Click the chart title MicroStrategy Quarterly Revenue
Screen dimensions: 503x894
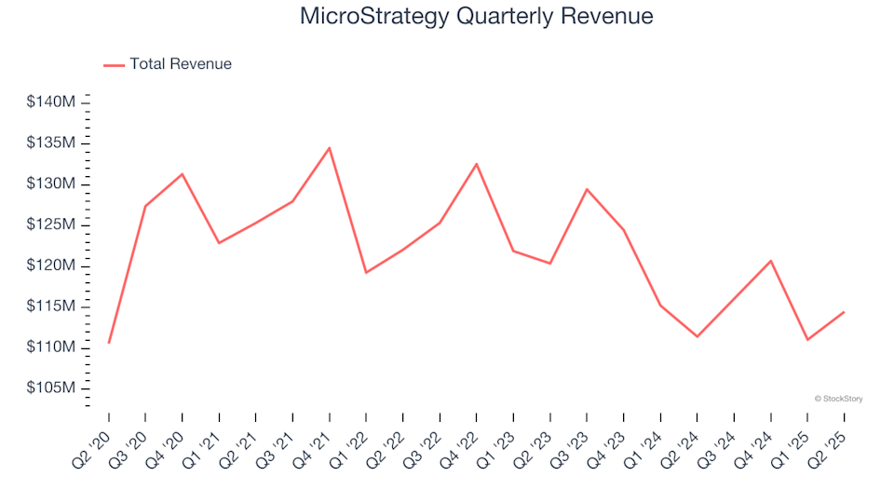point(476,17)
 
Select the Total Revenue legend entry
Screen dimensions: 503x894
point(180,64)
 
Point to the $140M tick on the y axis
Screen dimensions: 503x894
point(51,102)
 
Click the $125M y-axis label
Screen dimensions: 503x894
point(51,224)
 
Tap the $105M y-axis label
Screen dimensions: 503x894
point(51,387)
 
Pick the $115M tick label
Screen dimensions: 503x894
point(51,306)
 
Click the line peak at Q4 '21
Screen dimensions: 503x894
point(329,148)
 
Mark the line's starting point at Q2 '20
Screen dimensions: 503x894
point(109,343)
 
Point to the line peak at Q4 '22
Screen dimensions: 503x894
point(477,164)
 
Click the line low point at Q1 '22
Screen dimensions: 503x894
point(366,272)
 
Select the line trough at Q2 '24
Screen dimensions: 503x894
point(698,336)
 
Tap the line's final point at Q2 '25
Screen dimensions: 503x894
point(844,312)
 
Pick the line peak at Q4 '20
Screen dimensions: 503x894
point(183,174)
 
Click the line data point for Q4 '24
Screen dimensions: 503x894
point(771,261)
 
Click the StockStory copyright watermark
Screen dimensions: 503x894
point(838,399)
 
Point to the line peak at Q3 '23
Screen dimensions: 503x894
point(587,189)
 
